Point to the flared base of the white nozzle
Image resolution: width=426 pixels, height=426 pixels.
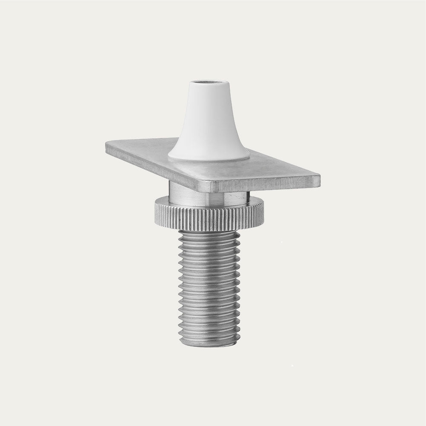point(209,152)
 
